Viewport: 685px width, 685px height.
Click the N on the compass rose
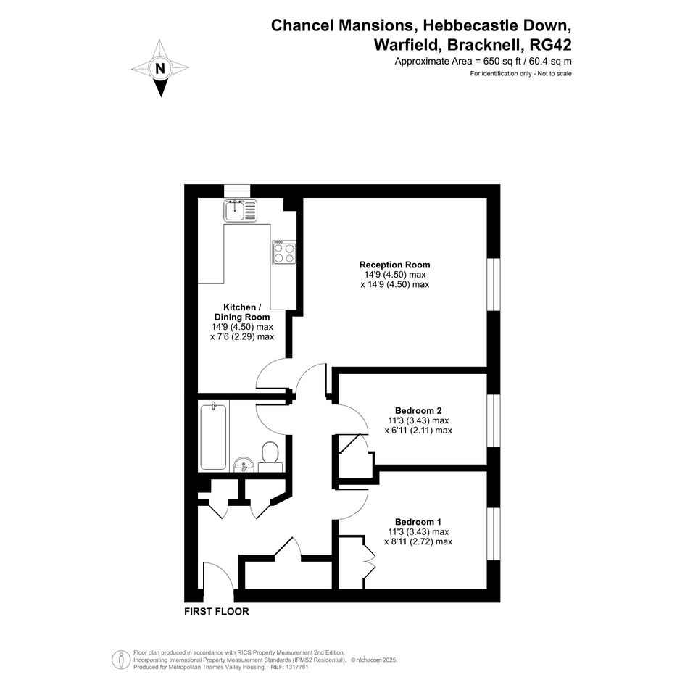click(x=160, y=69)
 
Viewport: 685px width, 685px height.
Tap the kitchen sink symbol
click(x=240, y=210)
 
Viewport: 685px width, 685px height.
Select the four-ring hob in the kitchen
click(x=284, y=252)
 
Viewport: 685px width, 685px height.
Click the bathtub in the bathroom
click(x=213, y=436)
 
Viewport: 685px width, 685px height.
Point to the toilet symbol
click(x=270, y=457)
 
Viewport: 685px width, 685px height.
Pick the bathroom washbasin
click(x=244, y=465)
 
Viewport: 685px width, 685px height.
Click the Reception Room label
click(x=394, y=265)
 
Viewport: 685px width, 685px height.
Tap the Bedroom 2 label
click(x=418, y=411)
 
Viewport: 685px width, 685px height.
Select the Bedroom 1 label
click(x=418, y=522)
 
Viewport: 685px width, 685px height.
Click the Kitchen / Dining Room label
click(x=242, y=312)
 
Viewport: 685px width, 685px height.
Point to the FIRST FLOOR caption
click(x=217, y=612)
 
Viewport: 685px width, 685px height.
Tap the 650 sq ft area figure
click(x=501, y=62)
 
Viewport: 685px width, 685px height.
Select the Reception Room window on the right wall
click(x=494, y=284)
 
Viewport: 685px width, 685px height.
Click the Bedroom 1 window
click(x=494, y=534)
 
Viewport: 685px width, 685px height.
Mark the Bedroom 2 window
click(x=494, y=420)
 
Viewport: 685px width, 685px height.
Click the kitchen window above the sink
click(x=237, y=191)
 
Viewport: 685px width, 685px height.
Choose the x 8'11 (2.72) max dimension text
click(x=418, y=541)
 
